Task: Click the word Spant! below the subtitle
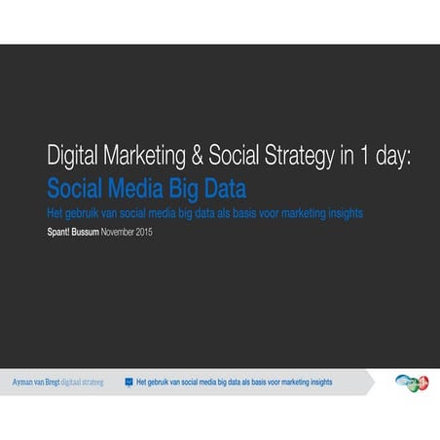click(x=61, y=234)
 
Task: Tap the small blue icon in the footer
click(x=128, y=383)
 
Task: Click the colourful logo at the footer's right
click(x=412, y=382)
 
